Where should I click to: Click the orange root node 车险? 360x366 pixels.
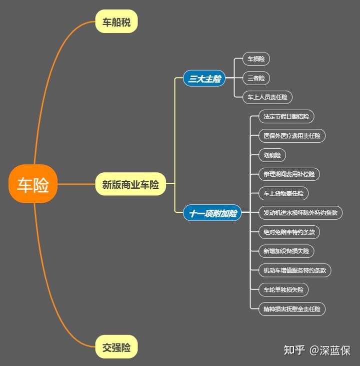33,184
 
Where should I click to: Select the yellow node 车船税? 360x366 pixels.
116,22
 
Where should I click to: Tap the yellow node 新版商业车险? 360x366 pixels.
130,184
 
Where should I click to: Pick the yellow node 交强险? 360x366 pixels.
116,347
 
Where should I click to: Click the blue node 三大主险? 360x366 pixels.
204,79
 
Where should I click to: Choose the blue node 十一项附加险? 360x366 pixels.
212,213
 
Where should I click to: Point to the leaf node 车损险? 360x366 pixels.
256,59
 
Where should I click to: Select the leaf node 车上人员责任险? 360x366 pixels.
267,97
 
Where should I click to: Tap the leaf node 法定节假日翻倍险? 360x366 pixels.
286,117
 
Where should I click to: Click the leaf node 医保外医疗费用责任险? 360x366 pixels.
292,136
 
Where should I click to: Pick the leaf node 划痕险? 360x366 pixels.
272,155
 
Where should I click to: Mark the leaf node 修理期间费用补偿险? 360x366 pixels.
289,174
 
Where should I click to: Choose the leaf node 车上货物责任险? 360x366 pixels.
283,193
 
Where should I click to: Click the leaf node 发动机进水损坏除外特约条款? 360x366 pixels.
300,213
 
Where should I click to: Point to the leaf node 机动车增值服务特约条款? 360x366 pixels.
294,270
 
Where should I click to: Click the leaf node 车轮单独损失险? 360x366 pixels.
283,289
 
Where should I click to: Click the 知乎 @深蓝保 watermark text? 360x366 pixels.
317,349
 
